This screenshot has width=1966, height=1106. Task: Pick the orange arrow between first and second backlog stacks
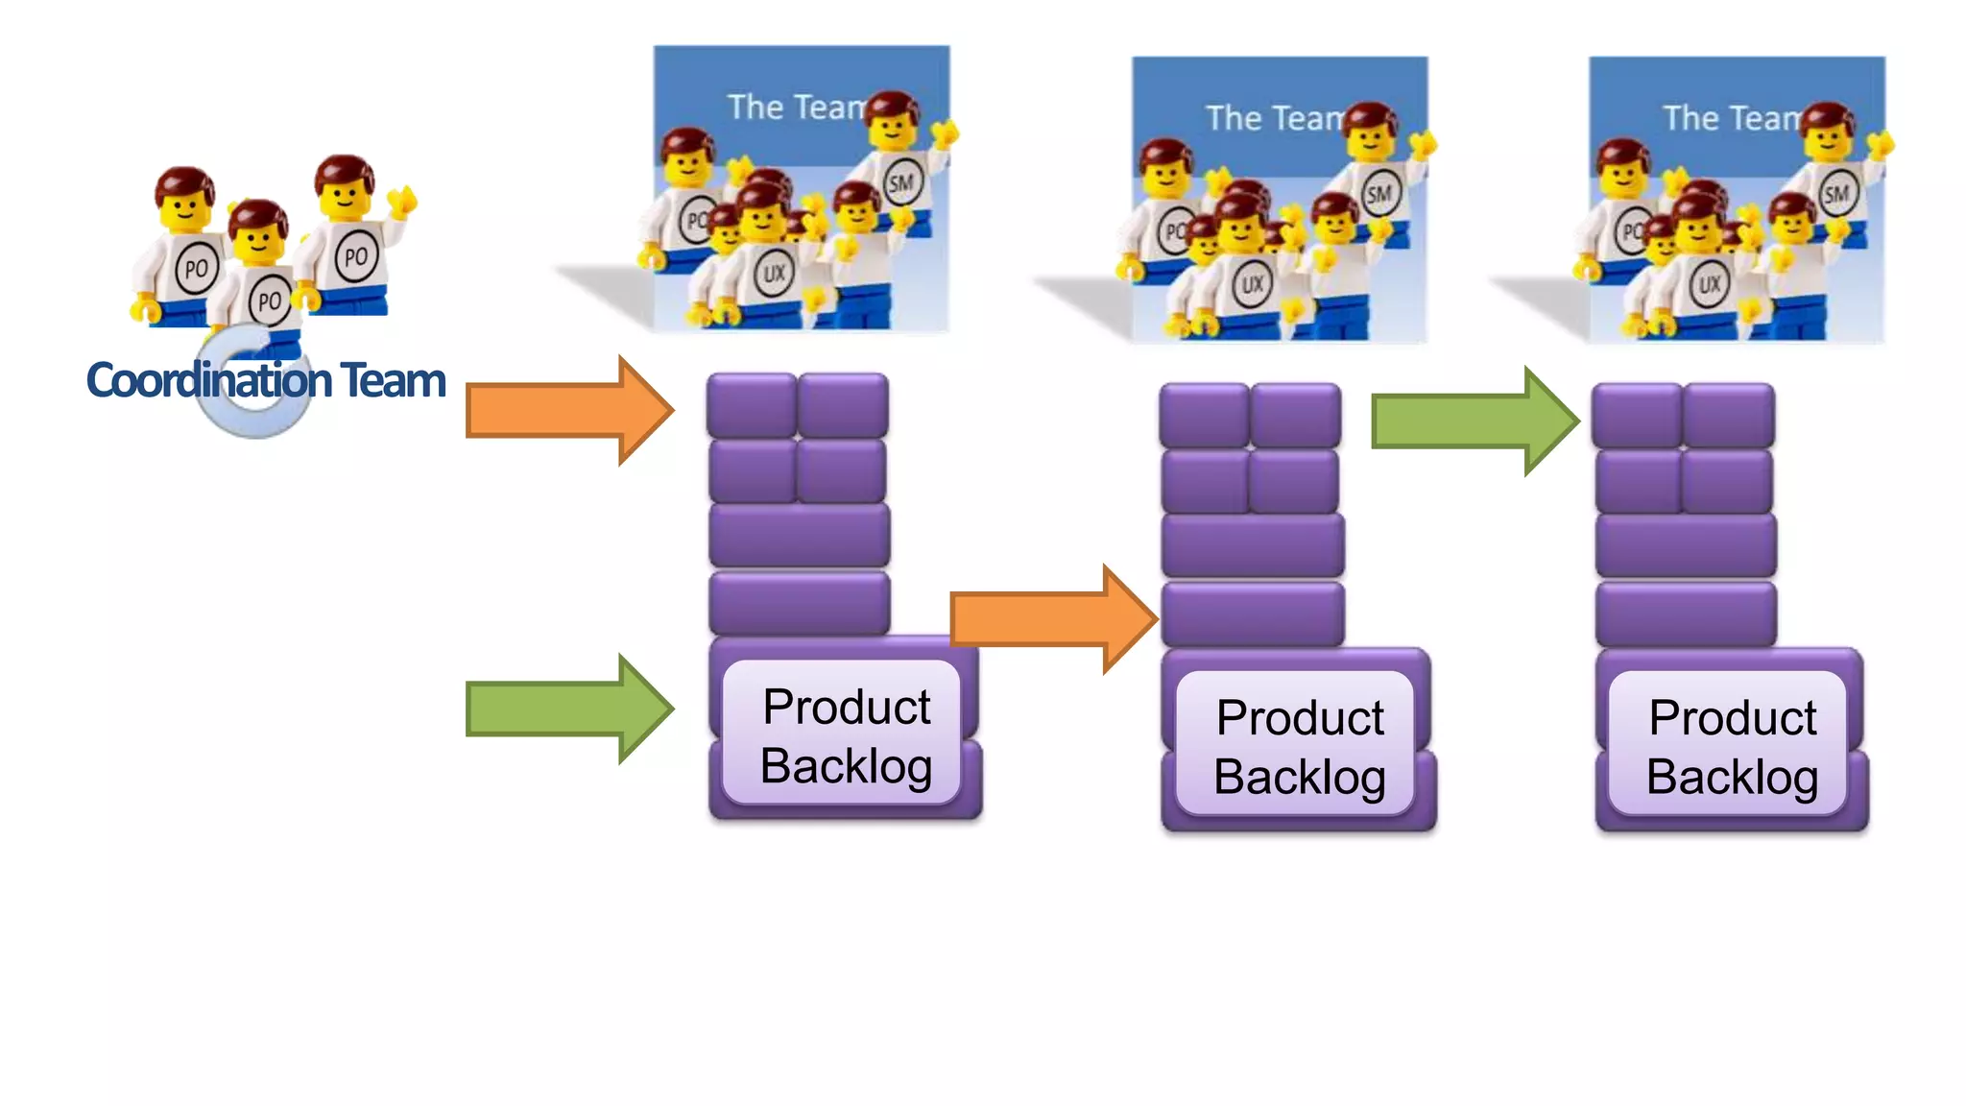click(x=1052, y=619)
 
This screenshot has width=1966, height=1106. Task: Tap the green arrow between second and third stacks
click(x=1474, y=421)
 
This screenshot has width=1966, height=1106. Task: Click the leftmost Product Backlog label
click(x=845, y=735)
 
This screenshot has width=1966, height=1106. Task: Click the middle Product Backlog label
click(x=1299, y=747)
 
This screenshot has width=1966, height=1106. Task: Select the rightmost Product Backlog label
click(x=1732, y=747)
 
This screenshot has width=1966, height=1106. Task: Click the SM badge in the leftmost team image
click(x=901, y=182)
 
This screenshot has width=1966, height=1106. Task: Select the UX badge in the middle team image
click(x=1253, y=284)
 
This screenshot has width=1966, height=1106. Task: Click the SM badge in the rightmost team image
click(x=1836, y=194)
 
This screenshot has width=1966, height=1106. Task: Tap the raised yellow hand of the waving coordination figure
click(x=404, y=200)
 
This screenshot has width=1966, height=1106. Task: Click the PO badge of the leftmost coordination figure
click(x=196, y=269)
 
